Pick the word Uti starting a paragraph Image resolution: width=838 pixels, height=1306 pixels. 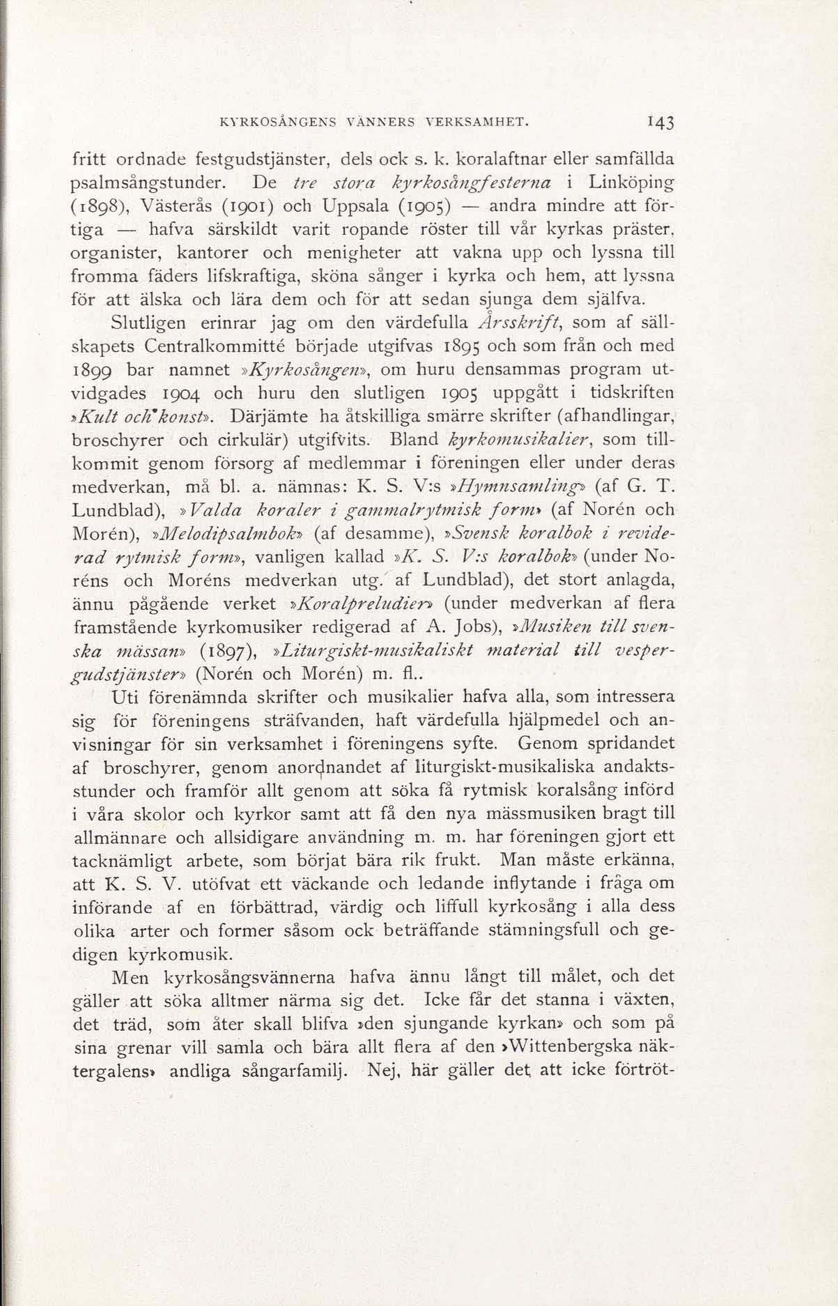pos(123,697)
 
